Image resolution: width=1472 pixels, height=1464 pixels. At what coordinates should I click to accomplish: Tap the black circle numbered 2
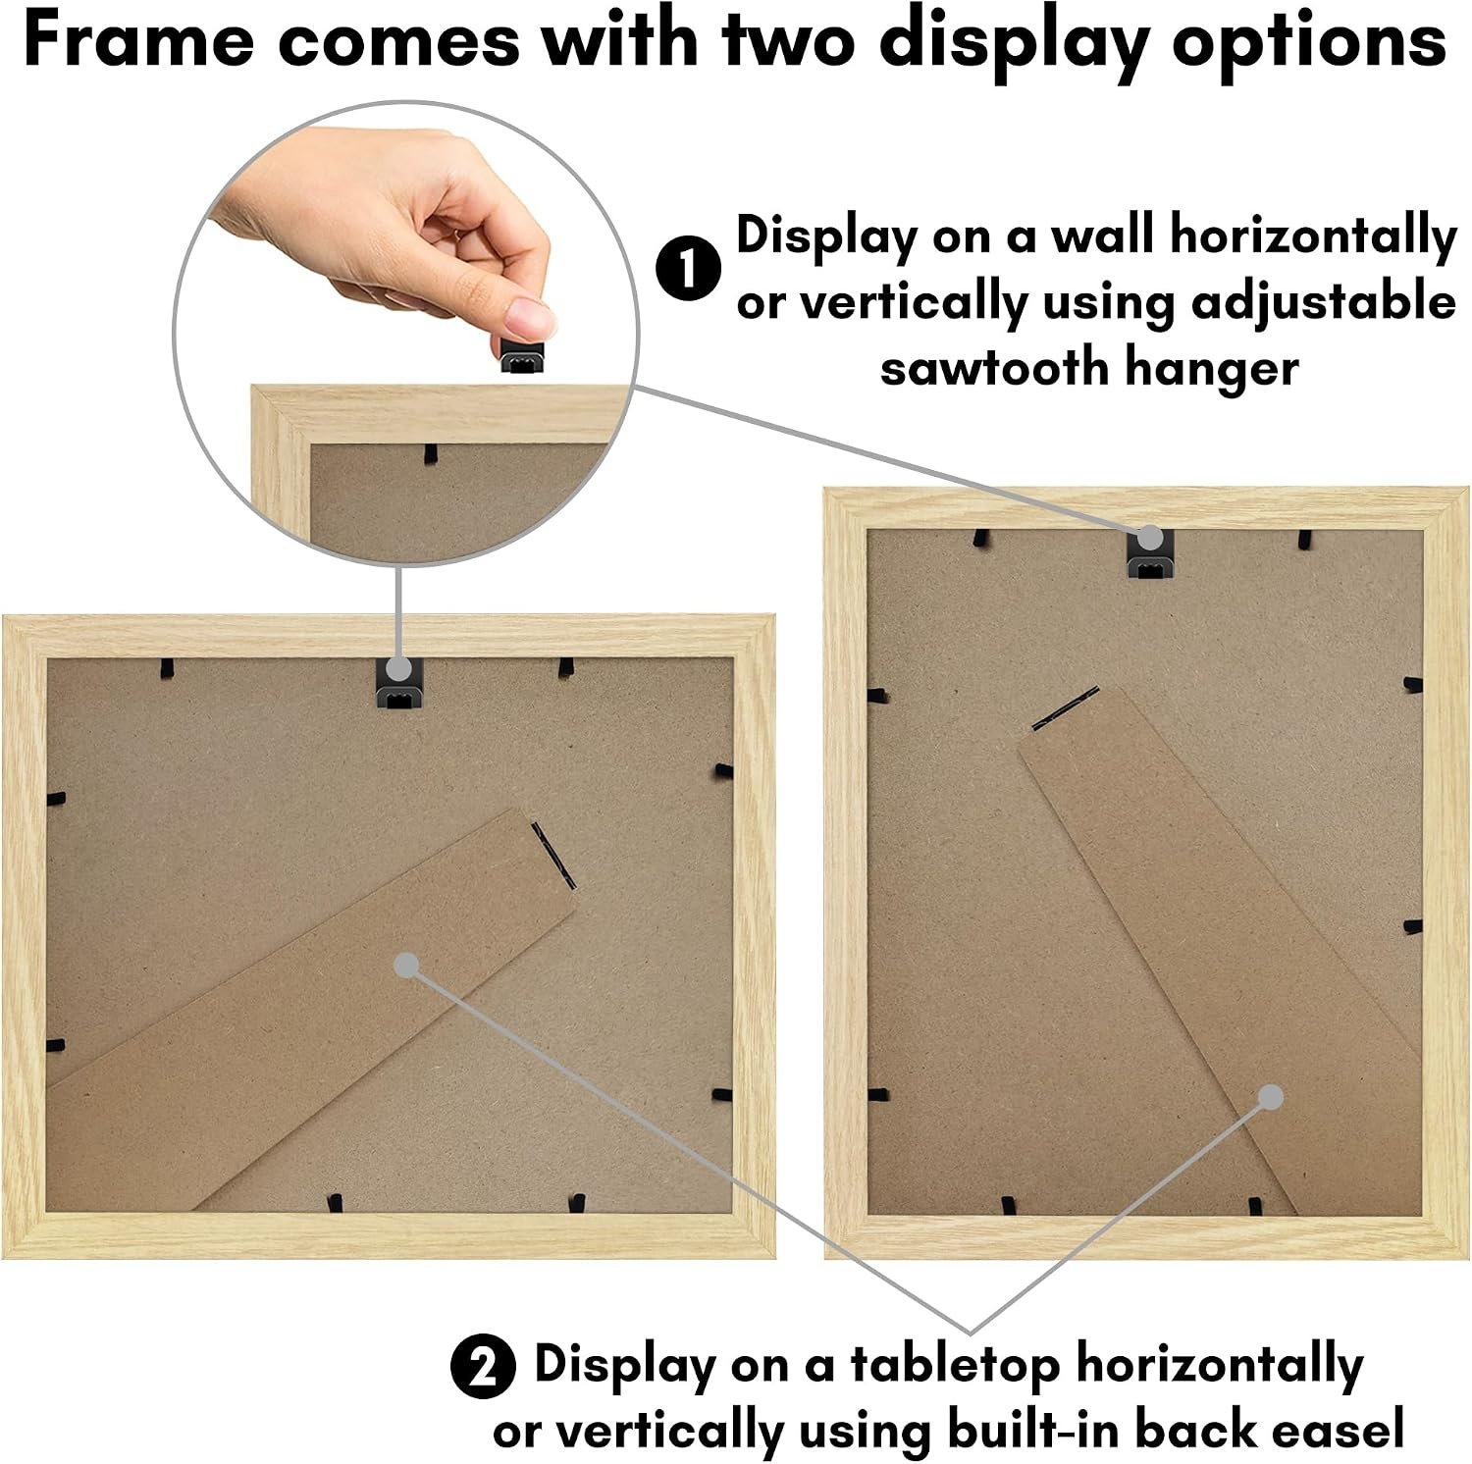pos(484,1367)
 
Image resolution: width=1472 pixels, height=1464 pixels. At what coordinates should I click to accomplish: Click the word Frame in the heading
pos(138,41)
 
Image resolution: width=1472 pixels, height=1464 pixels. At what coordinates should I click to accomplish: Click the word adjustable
pos(1324,304)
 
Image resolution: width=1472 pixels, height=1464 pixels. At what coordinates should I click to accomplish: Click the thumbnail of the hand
pos(383,235)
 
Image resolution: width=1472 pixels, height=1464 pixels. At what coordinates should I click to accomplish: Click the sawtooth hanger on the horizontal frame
pos(399,684)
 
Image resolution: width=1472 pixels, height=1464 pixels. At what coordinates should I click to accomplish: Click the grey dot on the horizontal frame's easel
pos(406,966)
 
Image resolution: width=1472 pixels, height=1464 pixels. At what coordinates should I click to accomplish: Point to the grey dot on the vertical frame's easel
pos(1270,1097)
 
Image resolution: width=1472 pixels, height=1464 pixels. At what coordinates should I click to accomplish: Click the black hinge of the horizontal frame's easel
pos(553,855)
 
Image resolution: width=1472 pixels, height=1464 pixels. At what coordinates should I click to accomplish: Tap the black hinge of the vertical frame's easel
pos(1065,708)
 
